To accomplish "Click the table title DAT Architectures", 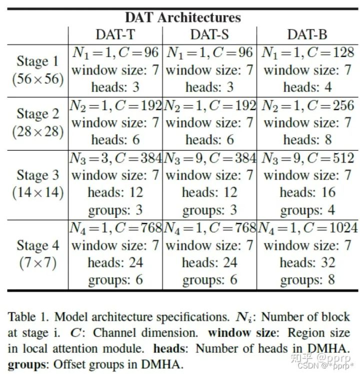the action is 182,17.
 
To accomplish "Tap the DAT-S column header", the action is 209,35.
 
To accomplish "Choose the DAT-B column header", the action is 307,35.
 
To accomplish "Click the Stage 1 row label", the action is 37,61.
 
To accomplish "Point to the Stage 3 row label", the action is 37,175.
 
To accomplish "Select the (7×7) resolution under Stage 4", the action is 37,263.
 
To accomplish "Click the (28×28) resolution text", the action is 37,132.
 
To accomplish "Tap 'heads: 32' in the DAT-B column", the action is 307,262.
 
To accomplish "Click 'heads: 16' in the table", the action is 307,192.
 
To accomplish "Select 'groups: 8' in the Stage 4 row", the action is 307,279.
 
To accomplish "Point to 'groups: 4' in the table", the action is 307,210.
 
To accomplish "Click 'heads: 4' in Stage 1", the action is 307,87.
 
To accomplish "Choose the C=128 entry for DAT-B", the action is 330,52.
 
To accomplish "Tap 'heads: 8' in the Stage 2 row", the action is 307,139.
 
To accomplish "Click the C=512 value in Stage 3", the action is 330,158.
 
